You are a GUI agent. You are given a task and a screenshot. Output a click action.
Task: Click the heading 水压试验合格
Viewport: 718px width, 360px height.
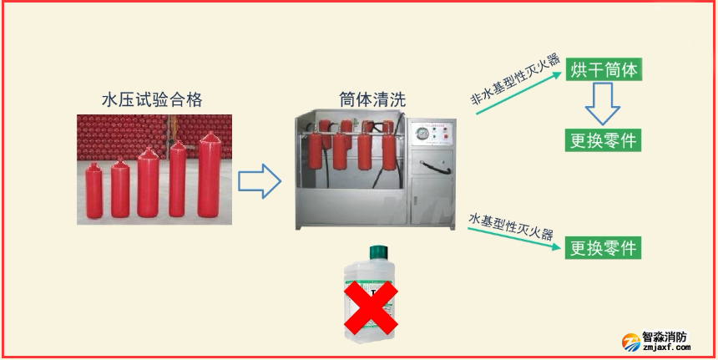(x=152, y=99)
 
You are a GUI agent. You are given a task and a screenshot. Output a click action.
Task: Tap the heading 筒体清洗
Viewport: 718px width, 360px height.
(x=372, y=99)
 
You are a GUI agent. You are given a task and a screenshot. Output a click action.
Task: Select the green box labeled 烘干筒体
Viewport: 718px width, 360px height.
(x=604, y=69)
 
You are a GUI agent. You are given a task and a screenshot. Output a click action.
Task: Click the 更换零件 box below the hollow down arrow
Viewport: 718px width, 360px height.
(x=604, y=140)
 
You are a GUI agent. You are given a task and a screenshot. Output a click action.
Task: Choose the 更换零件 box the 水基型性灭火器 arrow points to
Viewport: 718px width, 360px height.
(x=603, y=248)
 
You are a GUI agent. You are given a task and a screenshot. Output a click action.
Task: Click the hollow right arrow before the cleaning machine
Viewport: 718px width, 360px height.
(x=259, y=181)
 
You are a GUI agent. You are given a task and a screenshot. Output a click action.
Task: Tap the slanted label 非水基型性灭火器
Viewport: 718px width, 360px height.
(x=516, y=79)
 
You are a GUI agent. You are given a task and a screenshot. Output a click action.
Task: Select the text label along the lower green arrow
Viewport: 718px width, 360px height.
(x=511, y=226)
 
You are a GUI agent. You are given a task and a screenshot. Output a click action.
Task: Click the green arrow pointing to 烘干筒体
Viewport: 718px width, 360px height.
(x=518, y=93)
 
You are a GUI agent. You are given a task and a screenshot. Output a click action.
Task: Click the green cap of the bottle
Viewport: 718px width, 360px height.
(x=379, y=252)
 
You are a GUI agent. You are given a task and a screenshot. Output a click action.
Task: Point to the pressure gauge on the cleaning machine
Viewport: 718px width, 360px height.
(x=421, y=134)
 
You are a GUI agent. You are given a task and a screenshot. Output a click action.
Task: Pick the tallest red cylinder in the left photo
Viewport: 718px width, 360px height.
(x=210, y=175)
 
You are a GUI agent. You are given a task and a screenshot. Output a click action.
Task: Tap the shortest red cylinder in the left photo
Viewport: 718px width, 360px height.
(x=94, y=190)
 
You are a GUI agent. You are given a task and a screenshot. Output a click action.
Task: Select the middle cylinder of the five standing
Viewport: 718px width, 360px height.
(x=148, y=182)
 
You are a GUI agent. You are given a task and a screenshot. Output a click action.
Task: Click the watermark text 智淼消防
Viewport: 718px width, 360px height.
(x=665, y=337)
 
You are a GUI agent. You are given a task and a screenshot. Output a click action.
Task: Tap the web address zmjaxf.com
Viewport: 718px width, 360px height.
(x=666, y=347)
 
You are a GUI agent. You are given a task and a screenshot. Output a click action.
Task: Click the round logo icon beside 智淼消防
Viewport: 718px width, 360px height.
(x=631, y=342)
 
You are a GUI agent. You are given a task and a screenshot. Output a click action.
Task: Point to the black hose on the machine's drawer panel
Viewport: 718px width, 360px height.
(x=435, y=167)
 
